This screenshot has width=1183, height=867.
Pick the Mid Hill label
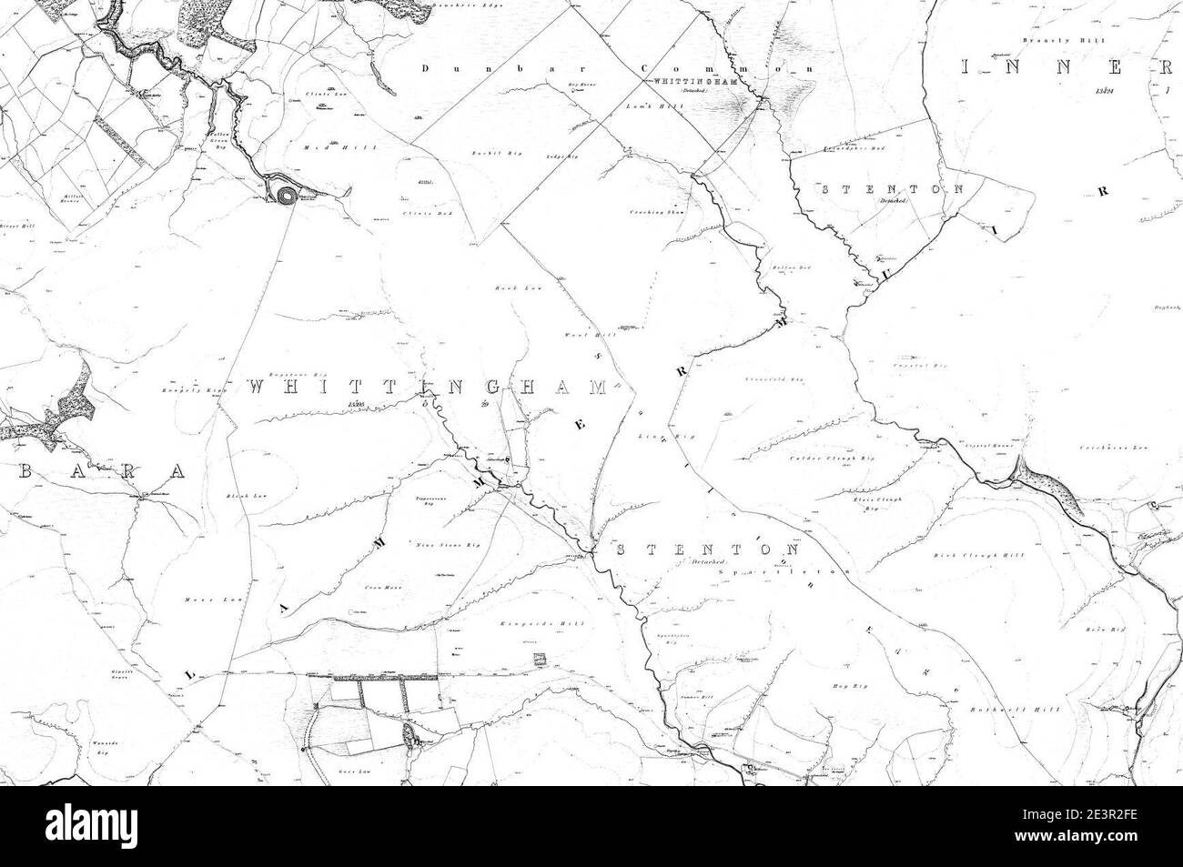pos(320,146)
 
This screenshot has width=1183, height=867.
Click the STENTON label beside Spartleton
pos(708,550)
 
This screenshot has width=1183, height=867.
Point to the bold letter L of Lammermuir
pos(191,674)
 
